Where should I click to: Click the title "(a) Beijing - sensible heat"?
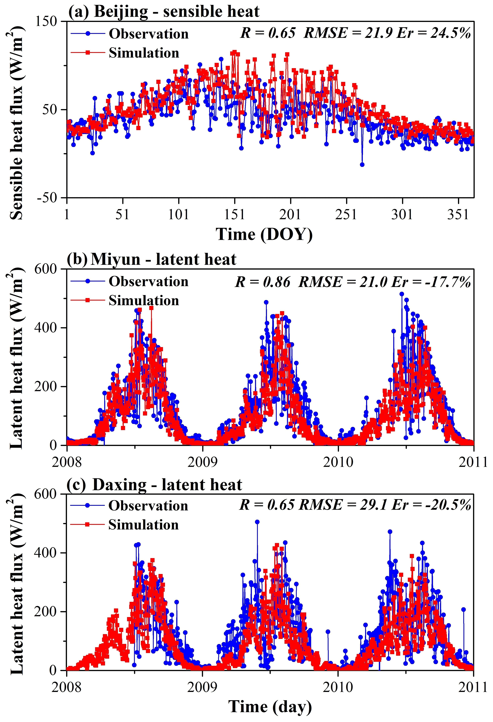[164, 11]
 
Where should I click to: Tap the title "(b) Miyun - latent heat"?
[152, 259]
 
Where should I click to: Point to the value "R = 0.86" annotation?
[263, 282]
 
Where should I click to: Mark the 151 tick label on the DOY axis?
[234, 214]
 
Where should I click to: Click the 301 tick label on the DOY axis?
[402, 214]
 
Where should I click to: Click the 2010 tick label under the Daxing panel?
[338, 687]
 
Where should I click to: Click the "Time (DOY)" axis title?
[264, 235]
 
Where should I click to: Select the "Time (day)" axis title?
[270, 706]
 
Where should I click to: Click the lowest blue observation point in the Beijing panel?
[362, 165]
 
